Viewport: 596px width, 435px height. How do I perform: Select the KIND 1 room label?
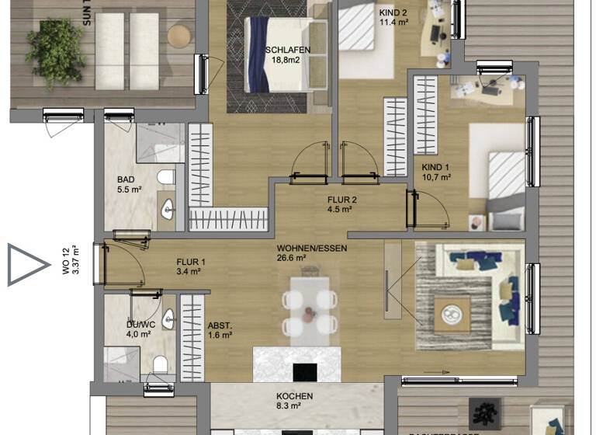point(435,168)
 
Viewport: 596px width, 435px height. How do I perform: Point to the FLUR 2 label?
point(341,200)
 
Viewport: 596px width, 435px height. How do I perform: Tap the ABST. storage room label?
point(220,326)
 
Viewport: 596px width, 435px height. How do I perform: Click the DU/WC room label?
point(141,325)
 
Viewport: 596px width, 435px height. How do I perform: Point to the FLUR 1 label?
point(189,262)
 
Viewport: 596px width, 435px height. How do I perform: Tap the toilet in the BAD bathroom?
point(165,178)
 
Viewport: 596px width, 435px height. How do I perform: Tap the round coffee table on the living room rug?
point(451,315)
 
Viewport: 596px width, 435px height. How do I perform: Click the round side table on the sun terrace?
point(179,36)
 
